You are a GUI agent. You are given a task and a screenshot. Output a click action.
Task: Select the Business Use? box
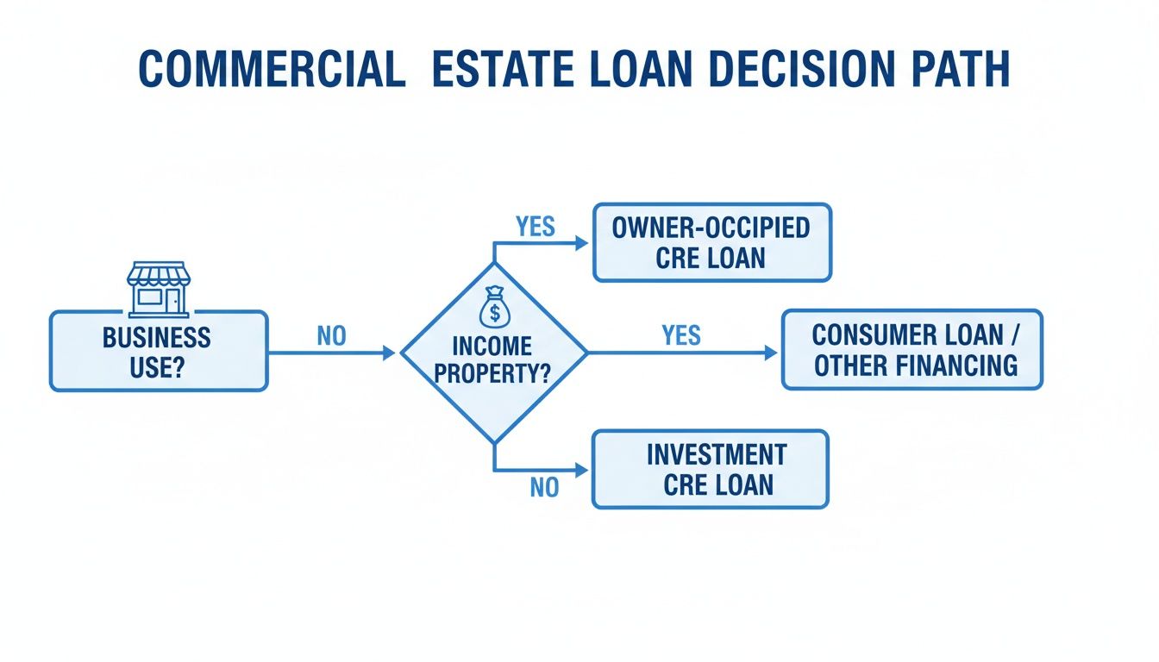coord(159,351)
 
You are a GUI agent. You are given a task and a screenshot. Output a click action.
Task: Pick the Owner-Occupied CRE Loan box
coord(711,242)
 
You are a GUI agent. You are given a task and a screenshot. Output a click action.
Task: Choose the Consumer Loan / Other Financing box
coord(912,349)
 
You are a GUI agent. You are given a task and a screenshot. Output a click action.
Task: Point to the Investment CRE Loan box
coord(710,469)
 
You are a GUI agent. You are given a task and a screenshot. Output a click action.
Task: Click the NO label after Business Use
coord(331,336)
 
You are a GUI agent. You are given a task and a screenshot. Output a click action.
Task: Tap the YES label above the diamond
coord(536,227)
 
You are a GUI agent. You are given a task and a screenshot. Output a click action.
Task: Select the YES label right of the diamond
coord(681,335)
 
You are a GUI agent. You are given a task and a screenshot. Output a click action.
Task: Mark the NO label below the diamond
coord(544,488)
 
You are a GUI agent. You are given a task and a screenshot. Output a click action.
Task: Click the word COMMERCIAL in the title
coord(272,72)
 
